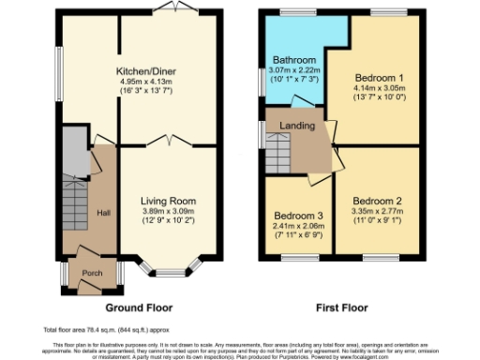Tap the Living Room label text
tap(167, 201)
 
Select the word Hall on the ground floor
tap(104, 213)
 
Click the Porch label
tap(92, 273)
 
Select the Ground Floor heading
tap(139, 307)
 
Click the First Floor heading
tap(338, 307)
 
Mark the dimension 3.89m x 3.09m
tap(167, 211)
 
